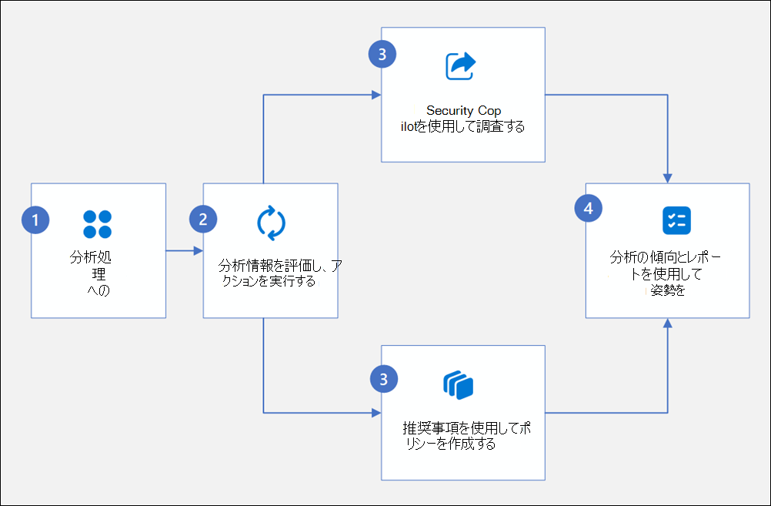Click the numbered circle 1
click(35, 219)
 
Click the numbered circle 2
click(203, 219)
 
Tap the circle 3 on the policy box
click(382, 378)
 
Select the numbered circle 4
click(588, 209)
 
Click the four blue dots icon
click(98, 223)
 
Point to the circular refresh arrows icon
click(271, 223)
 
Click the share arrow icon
click(460, 66)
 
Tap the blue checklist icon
click(676, 220)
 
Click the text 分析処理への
click(96, 273)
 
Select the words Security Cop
click(464, 111)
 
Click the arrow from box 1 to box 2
click(184, 250)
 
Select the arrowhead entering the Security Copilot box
click(376, 95)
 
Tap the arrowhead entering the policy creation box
click(376, 413)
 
